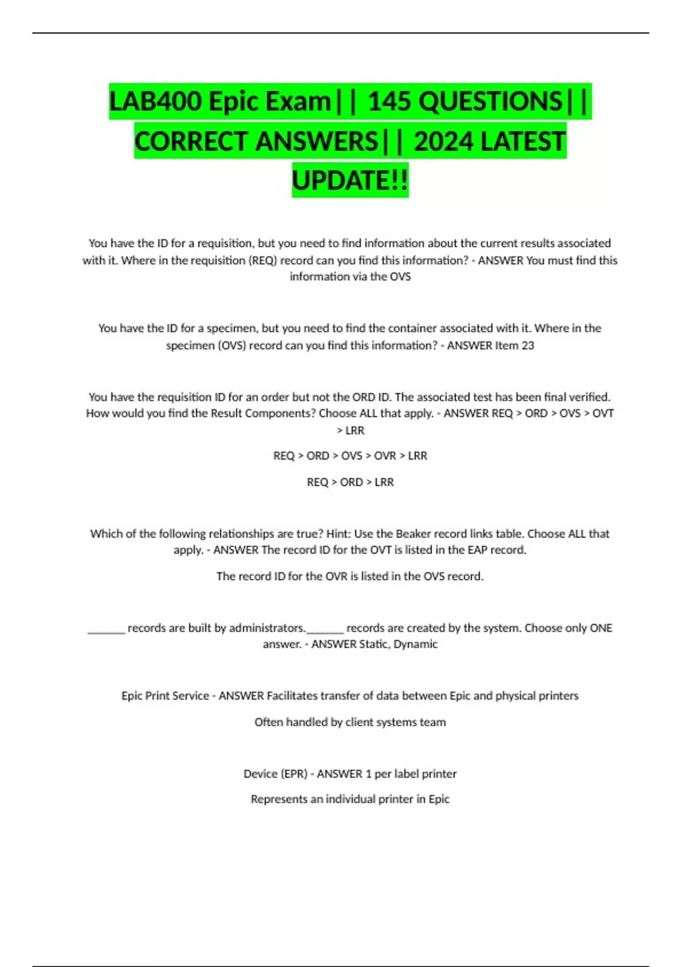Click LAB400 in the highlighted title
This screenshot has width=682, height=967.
(x=155, y=102)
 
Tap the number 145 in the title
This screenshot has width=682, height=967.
(x=389, y=102)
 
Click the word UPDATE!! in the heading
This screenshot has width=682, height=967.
(x=350, y=180)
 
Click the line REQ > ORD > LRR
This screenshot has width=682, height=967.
(x=350, y=482)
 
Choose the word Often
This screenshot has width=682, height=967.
(x=269, y=722)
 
